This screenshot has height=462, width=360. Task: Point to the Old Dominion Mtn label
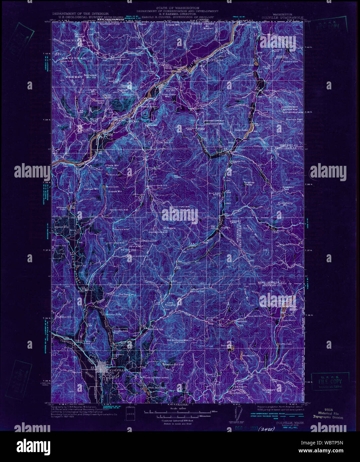[x=178, y=340]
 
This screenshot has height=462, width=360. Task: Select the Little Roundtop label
[x=171, y=304]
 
